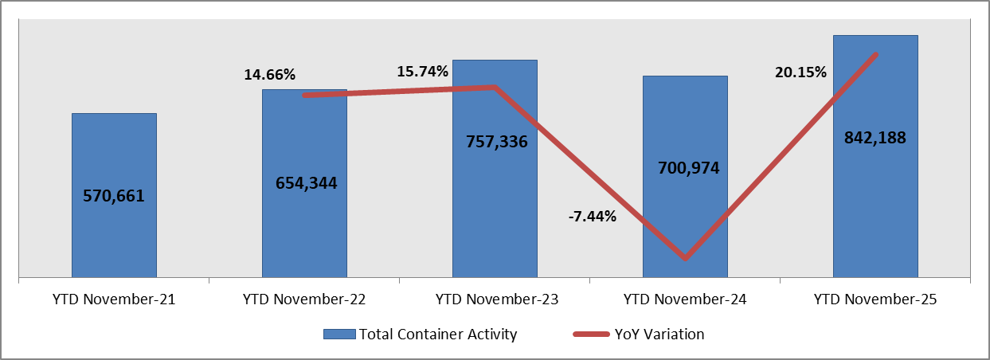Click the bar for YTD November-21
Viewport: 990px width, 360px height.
114,231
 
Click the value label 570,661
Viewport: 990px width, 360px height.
114,196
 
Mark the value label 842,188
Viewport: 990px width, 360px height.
875,137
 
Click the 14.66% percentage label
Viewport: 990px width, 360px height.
269,75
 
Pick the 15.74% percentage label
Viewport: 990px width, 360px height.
423,72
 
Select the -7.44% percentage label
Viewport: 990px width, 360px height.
592,216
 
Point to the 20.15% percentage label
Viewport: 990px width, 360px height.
800,72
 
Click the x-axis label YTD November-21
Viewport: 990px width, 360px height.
114,300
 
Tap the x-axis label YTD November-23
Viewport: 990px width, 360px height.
495,300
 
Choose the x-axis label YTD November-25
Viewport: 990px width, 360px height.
875,300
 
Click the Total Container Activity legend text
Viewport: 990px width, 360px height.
437,335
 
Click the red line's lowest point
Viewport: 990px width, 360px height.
685,258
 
